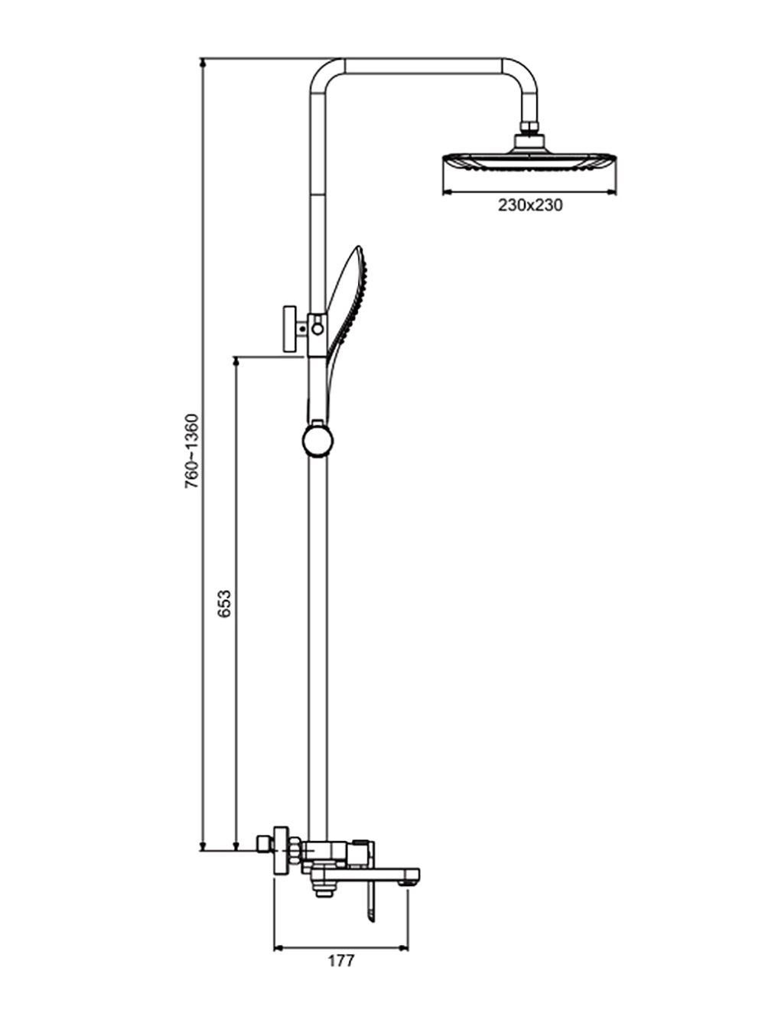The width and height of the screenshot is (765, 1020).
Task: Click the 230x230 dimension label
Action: coord(530,205)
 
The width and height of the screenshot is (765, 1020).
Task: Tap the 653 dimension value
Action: coord(224,604)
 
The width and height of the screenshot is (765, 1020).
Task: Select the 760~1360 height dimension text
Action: coord(191,451)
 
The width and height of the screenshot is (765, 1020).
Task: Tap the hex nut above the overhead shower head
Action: coord(529,127)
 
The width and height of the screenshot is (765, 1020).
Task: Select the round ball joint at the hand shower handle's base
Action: coord(317,441)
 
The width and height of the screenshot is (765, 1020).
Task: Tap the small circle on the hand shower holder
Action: coord(317,329)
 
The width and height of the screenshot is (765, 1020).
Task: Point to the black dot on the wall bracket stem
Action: coord(303,329)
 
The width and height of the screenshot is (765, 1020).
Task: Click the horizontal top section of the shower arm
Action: coord(423,66)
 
